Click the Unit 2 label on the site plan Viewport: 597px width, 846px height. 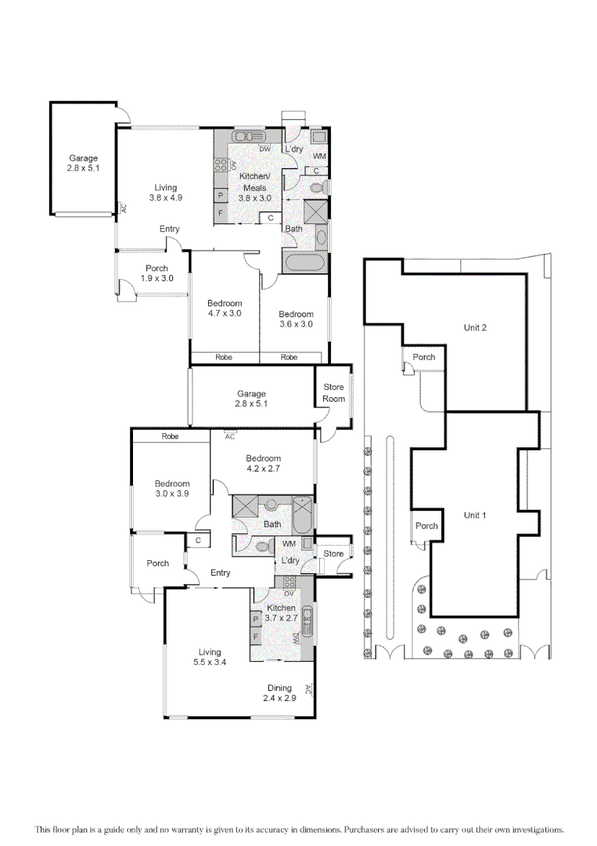475,327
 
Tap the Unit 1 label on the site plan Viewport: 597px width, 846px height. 475,515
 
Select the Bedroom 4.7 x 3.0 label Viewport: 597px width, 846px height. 225,308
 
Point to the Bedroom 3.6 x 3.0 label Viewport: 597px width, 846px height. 296,319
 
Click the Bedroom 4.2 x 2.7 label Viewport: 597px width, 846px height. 263,463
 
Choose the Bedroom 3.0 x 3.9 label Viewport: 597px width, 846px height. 171,488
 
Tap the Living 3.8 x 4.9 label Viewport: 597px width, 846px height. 165,193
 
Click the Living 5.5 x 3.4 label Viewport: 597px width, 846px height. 209,657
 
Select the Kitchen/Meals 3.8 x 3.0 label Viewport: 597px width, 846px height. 255,188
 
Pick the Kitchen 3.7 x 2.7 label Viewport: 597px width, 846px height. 281,613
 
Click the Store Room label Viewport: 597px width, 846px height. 333,392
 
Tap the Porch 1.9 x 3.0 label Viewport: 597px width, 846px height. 156,273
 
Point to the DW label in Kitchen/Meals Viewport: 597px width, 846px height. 264,149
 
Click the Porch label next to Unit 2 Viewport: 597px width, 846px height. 424,357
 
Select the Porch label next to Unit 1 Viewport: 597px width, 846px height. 426,526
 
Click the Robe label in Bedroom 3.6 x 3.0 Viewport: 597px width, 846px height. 290,357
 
